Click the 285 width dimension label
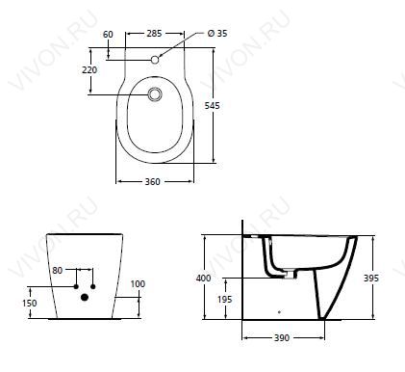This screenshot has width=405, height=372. point(154,33)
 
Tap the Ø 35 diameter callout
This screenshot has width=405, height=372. point(217,33)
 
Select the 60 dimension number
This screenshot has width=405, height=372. point(108,34)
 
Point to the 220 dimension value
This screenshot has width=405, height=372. point(89,69)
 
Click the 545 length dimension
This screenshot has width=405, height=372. point(213,105)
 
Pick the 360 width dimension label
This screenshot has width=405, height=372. point(152,182)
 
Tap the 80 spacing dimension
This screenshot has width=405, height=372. point(58,271)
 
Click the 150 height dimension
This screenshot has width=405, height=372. point(30,303)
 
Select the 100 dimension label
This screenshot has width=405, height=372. point(138,284)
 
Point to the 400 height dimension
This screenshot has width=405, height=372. point(204,278)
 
